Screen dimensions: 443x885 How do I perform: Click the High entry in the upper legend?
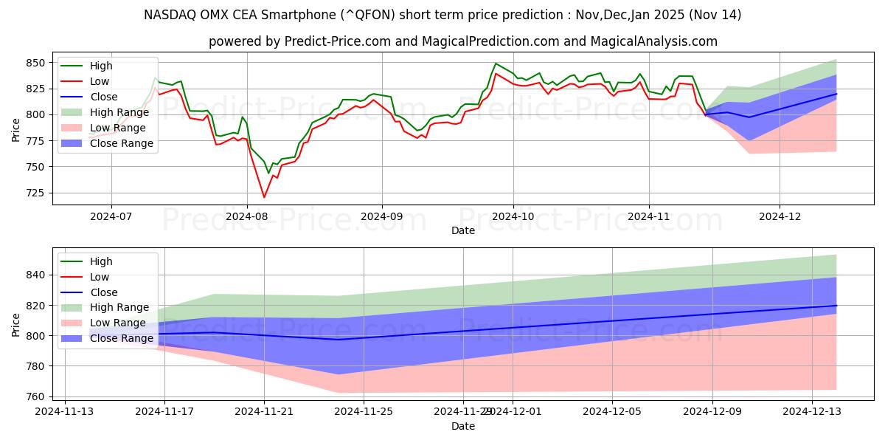101,66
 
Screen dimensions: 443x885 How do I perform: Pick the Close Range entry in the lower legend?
122,338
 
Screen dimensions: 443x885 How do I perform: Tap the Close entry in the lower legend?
103,292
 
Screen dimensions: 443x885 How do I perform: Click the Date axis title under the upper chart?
463,230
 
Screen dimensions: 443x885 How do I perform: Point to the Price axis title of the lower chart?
15,324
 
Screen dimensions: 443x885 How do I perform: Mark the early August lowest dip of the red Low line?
264,197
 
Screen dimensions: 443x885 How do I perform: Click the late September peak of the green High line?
496,63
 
